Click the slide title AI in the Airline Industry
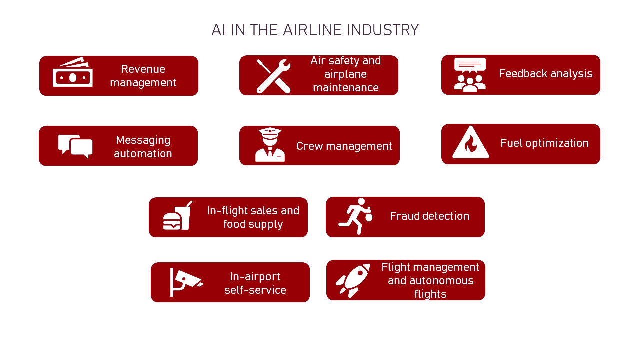coord(315,30)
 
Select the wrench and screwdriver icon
coord(273,76)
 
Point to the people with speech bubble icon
coord(470,75)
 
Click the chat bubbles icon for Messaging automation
coord(75,146)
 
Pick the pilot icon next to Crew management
coord(270,145)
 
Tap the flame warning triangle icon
coord(470,143)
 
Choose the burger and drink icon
coord(177,217)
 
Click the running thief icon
coord(356,216)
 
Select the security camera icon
coord(185,282)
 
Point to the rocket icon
coord(353,280)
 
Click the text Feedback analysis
coord(545,74)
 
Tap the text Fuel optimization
coord(544,143)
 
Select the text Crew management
coord(344,146)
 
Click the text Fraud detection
coord(429,216)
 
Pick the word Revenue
coord(143,69)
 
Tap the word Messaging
coord(143,140)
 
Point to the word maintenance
coord(346,88)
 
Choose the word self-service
coord(255,290)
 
